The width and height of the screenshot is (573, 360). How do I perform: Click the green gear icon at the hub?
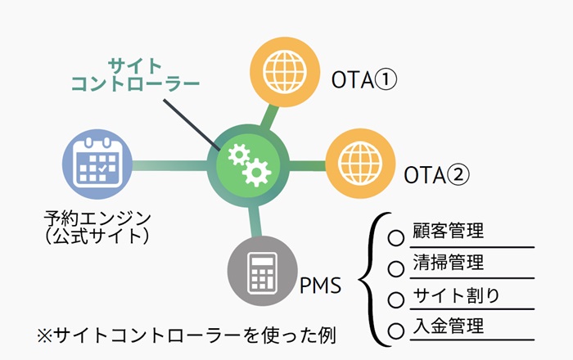246,162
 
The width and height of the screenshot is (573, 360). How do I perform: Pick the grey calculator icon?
262,272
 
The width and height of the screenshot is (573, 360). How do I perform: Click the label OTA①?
364,80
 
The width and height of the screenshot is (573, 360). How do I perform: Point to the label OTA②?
438,173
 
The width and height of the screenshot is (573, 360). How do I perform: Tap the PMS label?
321,287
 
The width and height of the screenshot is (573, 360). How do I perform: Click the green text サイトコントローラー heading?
135,74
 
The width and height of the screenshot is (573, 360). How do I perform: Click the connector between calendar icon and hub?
167,164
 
